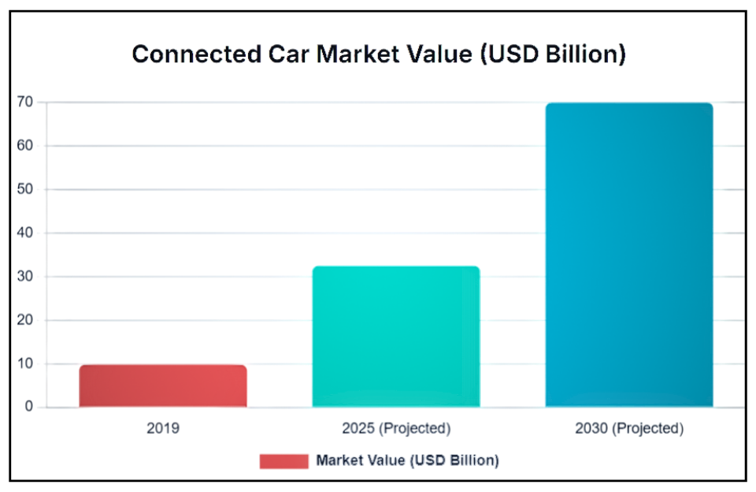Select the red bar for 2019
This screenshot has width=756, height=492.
163,386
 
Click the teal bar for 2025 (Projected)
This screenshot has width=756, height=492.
396,337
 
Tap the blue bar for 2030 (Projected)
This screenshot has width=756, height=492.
629,255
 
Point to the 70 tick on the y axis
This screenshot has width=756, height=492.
25,102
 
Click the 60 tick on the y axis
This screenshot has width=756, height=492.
25,146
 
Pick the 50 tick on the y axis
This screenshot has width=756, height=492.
25,189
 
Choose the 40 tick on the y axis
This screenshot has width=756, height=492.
25,233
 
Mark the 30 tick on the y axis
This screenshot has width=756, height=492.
25,277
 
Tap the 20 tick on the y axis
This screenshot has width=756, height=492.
25,320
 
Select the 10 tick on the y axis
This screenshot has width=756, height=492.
25,364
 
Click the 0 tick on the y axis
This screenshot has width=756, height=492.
29,408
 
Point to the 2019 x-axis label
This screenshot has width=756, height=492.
163,429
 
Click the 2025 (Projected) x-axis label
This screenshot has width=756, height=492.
396,429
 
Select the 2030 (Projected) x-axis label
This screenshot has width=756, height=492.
629,429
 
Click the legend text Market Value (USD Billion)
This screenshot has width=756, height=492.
407,460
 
